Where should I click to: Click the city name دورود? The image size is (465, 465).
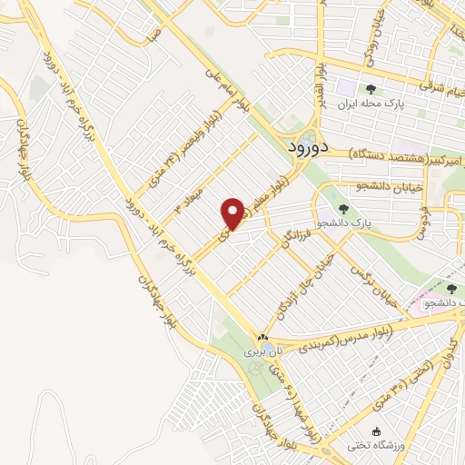311,146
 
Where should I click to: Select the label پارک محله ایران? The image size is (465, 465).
370,104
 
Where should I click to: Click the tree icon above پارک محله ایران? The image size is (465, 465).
370,88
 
